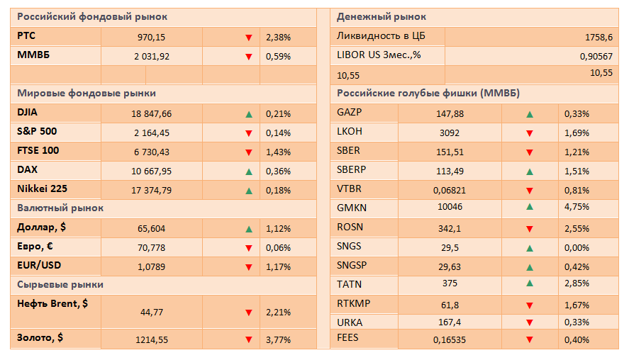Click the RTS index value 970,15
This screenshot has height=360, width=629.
[151, 38]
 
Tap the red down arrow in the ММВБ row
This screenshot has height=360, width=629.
[249, 57]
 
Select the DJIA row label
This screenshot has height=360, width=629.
[27, 112]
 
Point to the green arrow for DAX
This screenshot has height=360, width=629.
[249, 171]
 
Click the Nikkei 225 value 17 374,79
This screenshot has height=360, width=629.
[151, 191]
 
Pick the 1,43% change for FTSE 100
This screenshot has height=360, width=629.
[278, 152]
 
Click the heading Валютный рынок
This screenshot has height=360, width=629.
[60, 208]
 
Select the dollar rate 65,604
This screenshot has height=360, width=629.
[151, 228]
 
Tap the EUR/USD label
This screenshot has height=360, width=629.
[39, 265]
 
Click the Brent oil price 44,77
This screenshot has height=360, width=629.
[152, 313]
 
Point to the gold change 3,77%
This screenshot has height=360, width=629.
[278, 340]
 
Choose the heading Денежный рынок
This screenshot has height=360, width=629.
[381, 17]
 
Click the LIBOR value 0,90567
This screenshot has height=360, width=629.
[596, 57]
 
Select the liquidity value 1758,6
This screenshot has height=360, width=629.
[599, 38]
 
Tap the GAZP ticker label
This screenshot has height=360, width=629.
[349, 112]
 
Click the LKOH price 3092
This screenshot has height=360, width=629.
[450, 133]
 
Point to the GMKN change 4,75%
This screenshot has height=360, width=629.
[577, 207]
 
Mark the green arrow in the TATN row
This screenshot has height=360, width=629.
[530, 283]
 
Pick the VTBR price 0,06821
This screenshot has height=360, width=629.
[450, 191]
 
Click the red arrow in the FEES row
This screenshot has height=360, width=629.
[530, 340]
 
